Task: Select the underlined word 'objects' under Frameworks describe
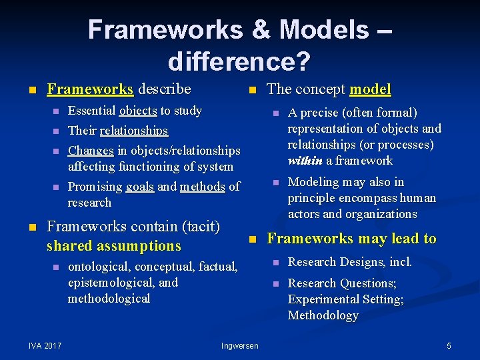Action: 138,111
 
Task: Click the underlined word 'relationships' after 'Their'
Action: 133,131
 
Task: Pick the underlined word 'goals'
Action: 140,187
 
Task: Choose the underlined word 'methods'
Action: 202,187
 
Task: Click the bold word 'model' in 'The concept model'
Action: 370,89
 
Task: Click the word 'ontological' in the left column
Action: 99,267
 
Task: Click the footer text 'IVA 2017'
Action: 45,345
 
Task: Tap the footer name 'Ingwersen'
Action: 240,345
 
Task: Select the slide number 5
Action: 449,345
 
